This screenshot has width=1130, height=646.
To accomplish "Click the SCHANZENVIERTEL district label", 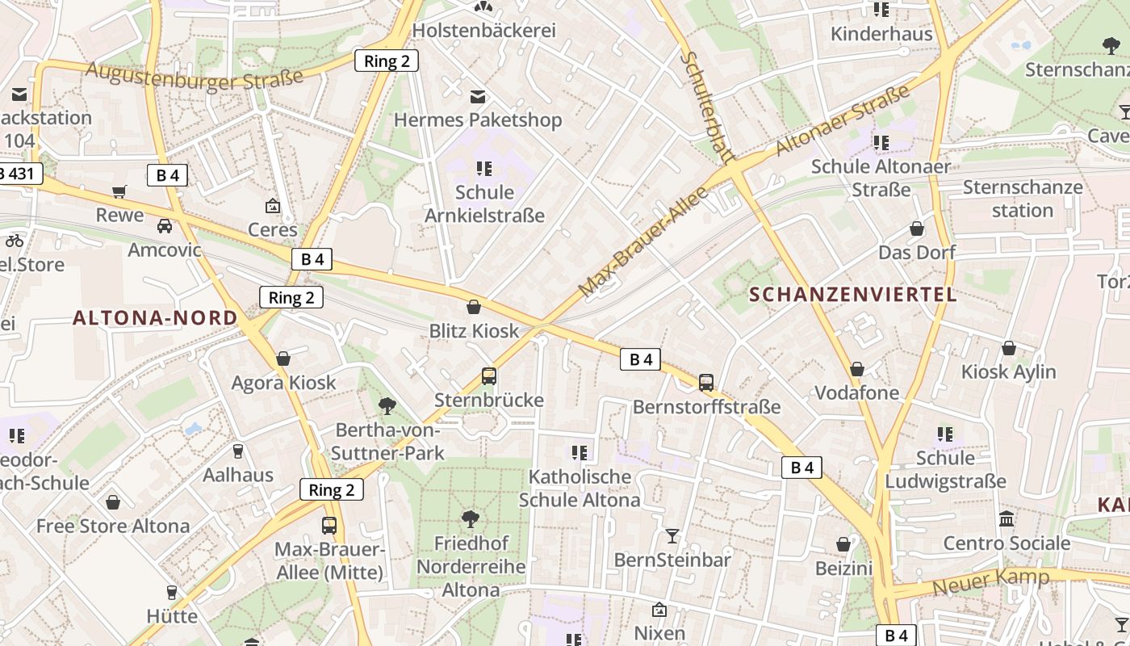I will pos(853,294).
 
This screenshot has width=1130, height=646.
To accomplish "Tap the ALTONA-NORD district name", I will pos(156,317).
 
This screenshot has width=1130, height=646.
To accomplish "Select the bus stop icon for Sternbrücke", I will pos(489,376).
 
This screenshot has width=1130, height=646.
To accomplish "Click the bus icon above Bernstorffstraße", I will pos(706,383).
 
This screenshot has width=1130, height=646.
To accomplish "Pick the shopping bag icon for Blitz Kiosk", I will pos(474,307).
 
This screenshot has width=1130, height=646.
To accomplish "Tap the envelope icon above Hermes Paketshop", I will pos(478,97).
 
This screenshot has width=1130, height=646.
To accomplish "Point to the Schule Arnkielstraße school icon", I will pos(484,169).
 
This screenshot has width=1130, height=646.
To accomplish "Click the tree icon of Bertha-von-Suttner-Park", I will pos(387,405).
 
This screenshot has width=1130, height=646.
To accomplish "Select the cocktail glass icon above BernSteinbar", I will pos(672,535).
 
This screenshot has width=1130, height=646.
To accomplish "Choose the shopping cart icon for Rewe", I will pos(119,192).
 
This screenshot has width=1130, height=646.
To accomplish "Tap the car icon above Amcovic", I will pos(165,226).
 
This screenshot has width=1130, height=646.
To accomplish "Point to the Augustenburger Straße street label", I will pos(195,78).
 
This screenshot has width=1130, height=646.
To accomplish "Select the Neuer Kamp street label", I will pos(990,581).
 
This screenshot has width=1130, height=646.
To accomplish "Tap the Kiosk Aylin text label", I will pos(1008,371).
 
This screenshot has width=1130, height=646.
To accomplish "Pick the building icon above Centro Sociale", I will pos(1007,519).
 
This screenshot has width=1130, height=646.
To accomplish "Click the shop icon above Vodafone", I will pos(857,369).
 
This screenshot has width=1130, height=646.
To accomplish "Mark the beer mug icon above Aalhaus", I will pos(238,451).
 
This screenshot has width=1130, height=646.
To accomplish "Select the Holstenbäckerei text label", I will pos(484,31).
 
